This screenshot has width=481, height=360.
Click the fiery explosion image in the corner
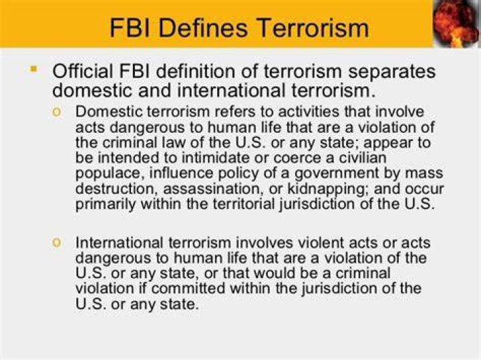pos(456,23)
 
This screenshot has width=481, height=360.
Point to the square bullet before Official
pos(33,69)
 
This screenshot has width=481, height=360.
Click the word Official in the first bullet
pos(83,71)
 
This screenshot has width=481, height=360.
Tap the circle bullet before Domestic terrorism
pos(57,112)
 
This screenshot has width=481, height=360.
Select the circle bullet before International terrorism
pos(57,243)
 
